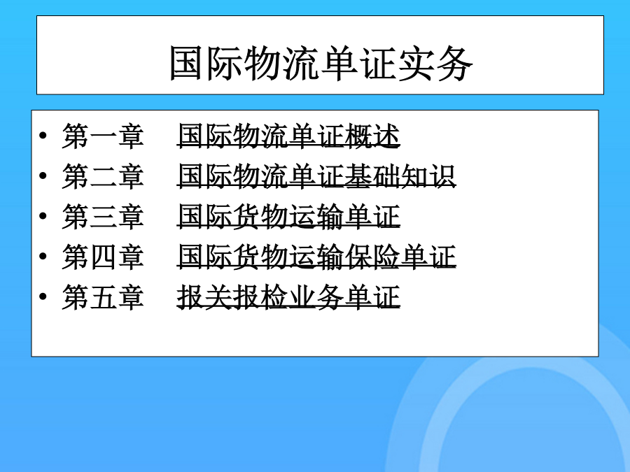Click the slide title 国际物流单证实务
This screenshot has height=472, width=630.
[x=321, y=63]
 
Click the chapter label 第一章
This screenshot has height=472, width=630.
[x=103, y=136]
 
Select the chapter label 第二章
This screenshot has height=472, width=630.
[x=103, y=176]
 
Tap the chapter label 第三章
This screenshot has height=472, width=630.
[x=103, y=216]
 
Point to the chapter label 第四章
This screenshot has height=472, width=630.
[x=103, y=257]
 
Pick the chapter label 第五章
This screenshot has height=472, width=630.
[x=103, y=297]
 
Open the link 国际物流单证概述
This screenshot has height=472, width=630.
[x=288, y=136]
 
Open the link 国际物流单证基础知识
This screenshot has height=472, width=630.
[x=316, y=176]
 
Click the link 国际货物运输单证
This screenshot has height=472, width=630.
[x=288, y=216]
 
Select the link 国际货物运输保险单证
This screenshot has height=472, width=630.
[x=316, y=257]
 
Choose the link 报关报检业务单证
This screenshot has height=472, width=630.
[x=288, y=297]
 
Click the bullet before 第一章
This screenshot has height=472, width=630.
[x=43, y=135]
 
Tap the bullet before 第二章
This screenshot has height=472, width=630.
[x=43, y=176]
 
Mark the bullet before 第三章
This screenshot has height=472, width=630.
[x=43, y=215]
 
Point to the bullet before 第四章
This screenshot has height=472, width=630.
[x=43, y=256]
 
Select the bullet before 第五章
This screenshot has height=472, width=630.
[x=43, y=296]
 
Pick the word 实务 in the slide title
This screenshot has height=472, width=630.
[x=435, y=63]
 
